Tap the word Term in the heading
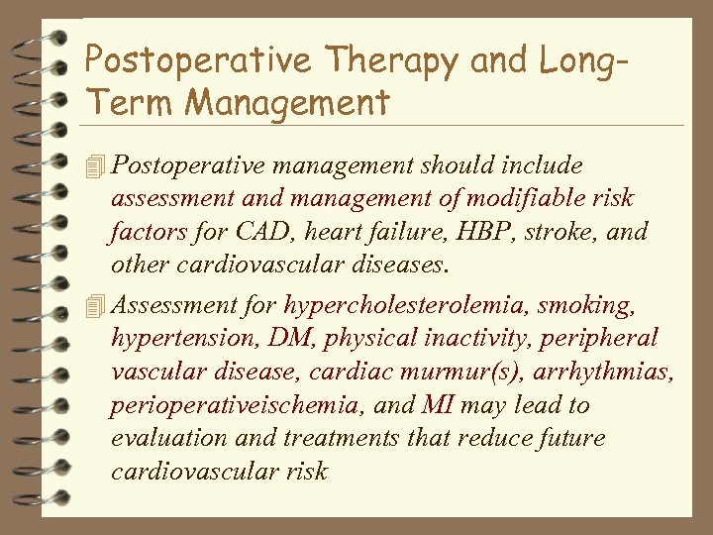(x=131, y=101)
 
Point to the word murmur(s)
(x=470, y=372)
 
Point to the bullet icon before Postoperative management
(x=95, y=165)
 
